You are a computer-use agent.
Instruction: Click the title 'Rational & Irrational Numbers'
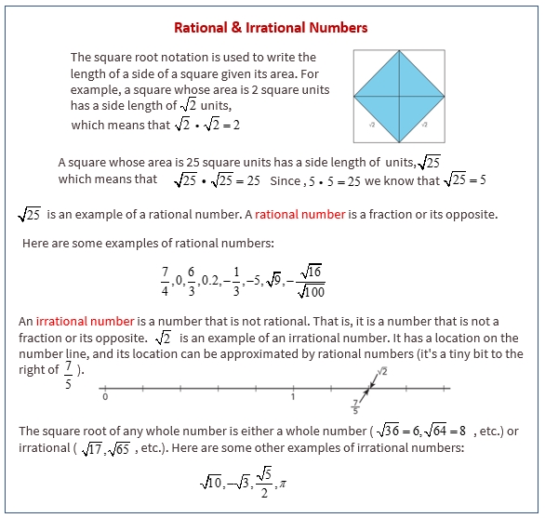point(272,27)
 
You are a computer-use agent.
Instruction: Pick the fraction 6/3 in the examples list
point(192,277)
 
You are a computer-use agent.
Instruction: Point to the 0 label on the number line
point(105,397)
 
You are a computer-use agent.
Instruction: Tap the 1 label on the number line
point(292,397)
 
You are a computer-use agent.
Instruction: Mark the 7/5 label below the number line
point(354,405)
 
